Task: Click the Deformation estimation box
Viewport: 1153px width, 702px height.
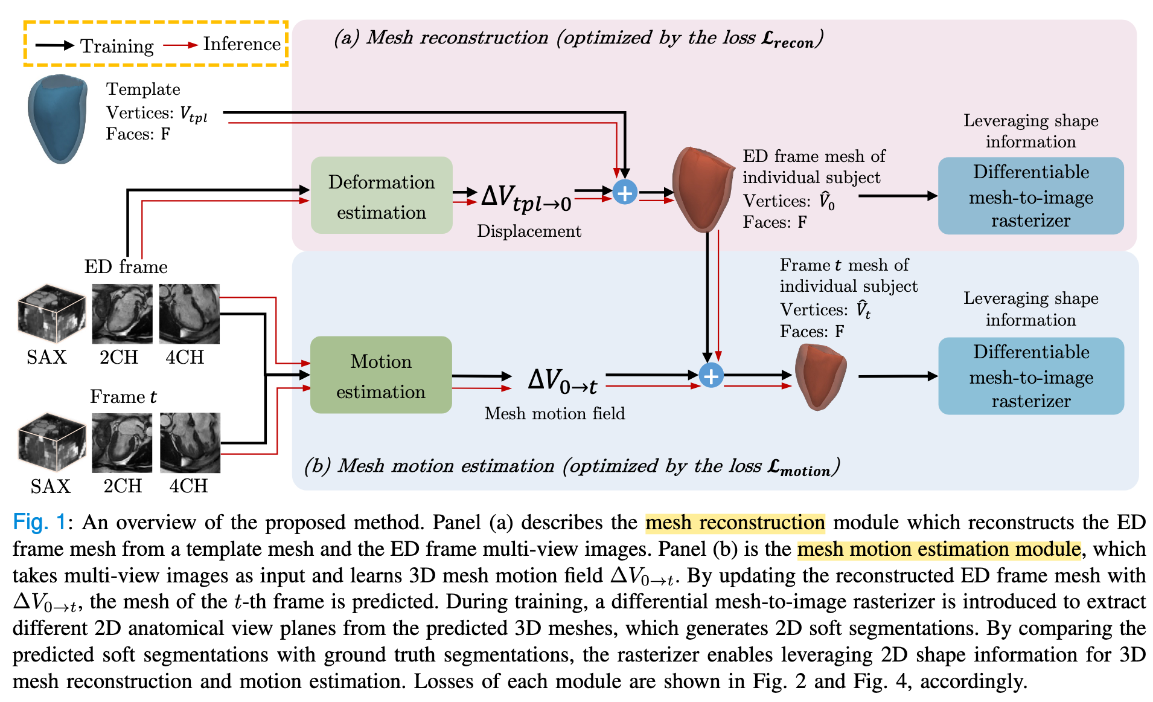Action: click(382, 195)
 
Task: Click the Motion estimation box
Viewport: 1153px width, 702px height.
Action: click(381, 375)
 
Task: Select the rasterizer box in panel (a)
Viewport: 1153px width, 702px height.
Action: click(1030, 196)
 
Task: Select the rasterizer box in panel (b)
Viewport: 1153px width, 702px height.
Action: click(1030, 376)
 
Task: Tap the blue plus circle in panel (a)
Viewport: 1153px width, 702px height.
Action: click(625, 193)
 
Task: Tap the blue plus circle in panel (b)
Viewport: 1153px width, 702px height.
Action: click(711, 376)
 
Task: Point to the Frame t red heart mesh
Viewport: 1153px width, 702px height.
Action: click(820, 376)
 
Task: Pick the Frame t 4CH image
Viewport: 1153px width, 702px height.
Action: click(190, 443)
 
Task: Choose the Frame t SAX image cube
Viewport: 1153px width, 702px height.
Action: click(52, 443)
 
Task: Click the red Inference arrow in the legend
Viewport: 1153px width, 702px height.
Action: click(180, 45)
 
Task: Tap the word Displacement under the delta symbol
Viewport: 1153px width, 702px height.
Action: click(529, 231)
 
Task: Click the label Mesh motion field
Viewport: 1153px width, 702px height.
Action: click(554, 413)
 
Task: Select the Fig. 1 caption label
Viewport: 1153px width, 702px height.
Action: click(39, 523)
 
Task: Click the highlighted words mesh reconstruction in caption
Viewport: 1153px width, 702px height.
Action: click(735, 523)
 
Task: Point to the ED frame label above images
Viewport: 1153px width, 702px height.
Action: click(126, 266)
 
